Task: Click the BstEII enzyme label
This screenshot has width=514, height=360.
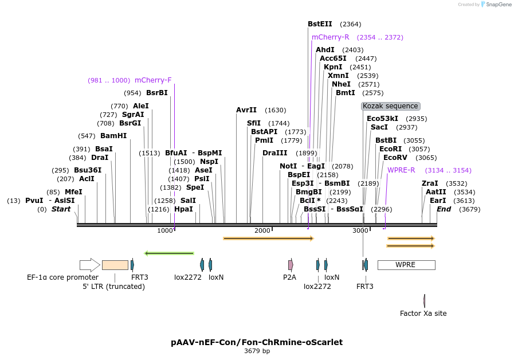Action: (x=320, y=24)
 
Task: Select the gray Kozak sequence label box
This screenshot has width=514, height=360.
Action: (x=391, y=106)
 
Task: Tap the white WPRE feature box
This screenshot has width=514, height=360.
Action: (x=406, y=265)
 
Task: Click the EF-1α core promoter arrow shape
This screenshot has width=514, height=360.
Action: (x=89, y=265)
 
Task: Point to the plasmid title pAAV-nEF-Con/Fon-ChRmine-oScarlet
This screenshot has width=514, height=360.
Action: (x=257, y=342)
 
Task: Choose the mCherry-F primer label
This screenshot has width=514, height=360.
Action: (x=153, y=80)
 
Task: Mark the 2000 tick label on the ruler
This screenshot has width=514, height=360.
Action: (x=262, y=230)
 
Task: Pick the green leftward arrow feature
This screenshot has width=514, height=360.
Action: (x=169, y=253)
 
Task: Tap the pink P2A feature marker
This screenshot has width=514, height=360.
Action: (x=291, y=265)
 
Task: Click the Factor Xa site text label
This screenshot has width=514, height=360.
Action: (x=423, y=314)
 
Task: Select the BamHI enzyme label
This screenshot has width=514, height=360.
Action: (x=113, y=136)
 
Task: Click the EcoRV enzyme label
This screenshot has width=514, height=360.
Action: (x=395, y=158)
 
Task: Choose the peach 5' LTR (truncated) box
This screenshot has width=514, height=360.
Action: (x=115, y=265)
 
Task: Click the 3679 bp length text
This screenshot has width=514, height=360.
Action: (x=257, y=351)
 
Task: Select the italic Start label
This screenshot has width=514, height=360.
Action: (x=61, y=209)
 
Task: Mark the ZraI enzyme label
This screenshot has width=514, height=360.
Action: (x=430, y=183)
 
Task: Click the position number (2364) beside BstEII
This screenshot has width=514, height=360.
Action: (x=350, y=24)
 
